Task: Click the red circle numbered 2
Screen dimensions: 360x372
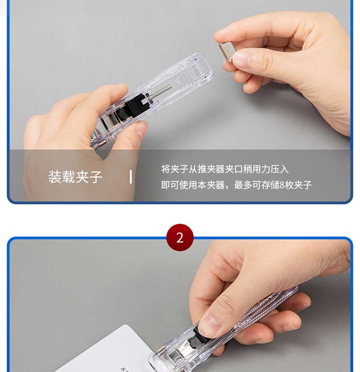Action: tap(180, 237)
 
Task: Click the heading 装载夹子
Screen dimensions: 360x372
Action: tap(75, 177)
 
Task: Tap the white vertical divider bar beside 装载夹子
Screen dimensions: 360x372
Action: tap(131, 177)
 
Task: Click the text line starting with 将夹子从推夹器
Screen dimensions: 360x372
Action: tap(225, 169)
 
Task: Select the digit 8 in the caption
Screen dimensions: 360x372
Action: tap(282, 185)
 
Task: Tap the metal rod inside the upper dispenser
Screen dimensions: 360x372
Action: tap(160, 92)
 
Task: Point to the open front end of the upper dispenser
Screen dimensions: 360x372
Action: tap(202, 68)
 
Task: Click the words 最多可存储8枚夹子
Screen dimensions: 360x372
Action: tap(273, 185)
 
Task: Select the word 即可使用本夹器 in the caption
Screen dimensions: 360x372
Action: tap(192, 185)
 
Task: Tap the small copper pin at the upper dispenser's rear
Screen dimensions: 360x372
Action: tap(102, 143)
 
